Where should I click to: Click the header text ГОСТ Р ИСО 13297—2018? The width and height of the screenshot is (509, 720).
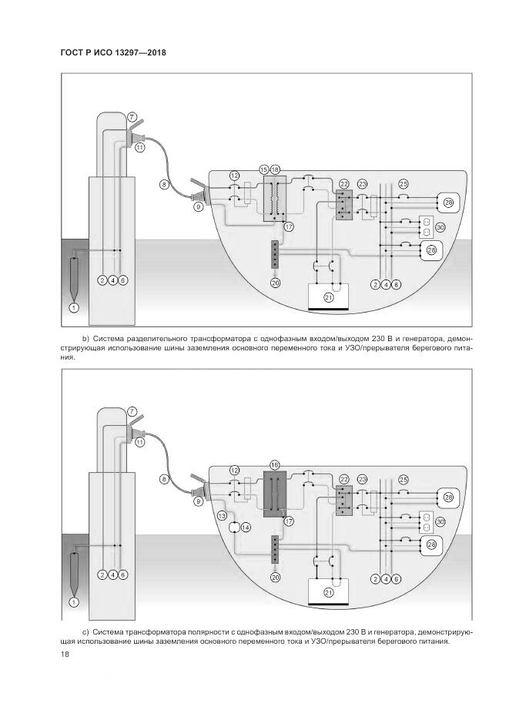[112, 52]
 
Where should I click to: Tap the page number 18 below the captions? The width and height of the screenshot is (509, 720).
[64, 655]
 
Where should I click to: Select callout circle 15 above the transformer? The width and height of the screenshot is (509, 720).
[264, 169]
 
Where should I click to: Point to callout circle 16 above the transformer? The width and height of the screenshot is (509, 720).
[274, 465]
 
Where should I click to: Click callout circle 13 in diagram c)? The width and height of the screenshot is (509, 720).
[222, 517]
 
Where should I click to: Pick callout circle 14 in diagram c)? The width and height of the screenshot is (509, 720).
[246, 527]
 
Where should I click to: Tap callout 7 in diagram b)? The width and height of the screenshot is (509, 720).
[132, 116]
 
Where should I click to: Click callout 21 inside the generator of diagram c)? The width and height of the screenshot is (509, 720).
[329, 592]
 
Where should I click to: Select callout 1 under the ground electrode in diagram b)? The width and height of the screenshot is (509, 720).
[74, 308]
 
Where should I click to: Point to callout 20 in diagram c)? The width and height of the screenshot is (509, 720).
[276, 576]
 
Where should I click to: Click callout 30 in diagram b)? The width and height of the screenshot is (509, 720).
[440, 227]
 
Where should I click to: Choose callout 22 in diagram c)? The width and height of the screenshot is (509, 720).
[344, 479]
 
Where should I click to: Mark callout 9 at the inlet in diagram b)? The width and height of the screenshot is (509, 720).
[198, 206]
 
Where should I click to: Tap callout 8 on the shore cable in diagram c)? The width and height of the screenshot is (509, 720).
[164, 479]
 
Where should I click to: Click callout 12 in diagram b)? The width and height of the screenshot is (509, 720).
[235, 176]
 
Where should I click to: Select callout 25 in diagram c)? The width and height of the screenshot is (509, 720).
[404, 480]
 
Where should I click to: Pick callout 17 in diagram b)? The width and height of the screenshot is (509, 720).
[289, 226]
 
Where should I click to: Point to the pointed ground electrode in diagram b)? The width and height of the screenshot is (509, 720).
[74, 277]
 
